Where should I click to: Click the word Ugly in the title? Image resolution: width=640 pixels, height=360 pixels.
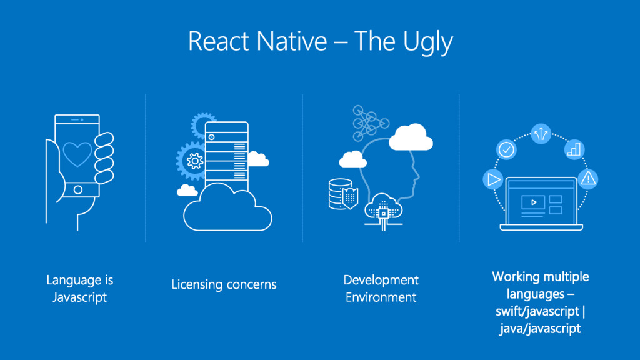click(429, 42)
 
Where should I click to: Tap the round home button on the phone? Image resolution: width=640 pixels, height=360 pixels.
click(77, 189)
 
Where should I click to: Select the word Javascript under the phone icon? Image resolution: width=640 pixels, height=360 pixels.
click(79, 297)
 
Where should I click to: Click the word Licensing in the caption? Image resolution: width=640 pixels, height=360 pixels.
click(197, 284)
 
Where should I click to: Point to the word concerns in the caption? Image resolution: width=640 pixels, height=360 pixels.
click(251, 284)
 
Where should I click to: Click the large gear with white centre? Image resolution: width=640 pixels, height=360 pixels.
click(195, 161)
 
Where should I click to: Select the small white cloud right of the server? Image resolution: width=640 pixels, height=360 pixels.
click(258, 159)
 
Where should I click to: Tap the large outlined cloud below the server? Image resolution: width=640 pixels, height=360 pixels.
click(227, 207)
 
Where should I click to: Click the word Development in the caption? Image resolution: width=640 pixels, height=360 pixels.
click(381, 279)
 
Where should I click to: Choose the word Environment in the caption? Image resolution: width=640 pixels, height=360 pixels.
click(381, 297)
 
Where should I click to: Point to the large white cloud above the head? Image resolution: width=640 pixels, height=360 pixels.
click(411, 137)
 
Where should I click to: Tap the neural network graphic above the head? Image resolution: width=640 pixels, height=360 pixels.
click(369, 121)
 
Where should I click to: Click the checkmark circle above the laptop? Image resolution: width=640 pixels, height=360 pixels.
click(506, 149)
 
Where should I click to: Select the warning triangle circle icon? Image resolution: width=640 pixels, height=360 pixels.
click(587, 179)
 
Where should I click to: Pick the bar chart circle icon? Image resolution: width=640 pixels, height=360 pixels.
click(574, 149)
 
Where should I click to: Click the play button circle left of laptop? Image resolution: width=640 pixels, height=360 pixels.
click(492, 179)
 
